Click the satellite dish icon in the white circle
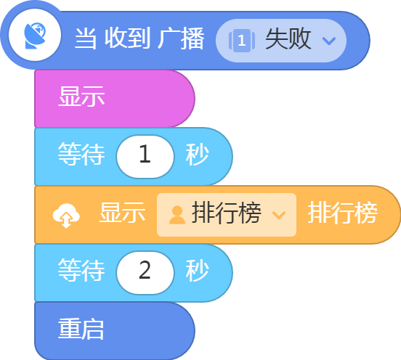tap(35, 36)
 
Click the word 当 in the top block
tap(86, 38)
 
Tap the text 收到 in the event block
tap(127, 38)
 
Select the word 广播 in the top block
tap(181, 38)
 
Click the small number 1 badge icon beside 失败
tap(242, 41)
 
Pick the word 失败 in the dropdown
tap(288, 39)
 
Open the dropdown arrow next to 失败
tap(328, 41)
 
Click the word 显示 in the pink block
tap(81, 96)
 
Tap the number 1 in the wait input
tap(145, 154)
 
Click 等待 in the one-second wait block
tap(81, 154)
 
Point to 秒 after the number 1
tap(197, 154)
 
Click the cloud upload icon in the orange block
tap(66, 216)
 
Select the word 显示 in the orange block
tap(122, 213)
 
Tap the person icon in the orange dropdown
tap(177, 215)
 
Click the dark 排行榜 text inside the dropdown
tap(227, 213)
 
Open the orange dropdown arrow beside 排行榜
tap(279, 215)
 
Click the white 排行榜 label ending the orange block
tap(343, 213)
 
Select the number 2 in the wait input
tap(145, 270)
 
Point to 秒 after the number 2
tap(197, 270)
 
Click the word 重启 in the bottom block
tap(81, 329)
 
